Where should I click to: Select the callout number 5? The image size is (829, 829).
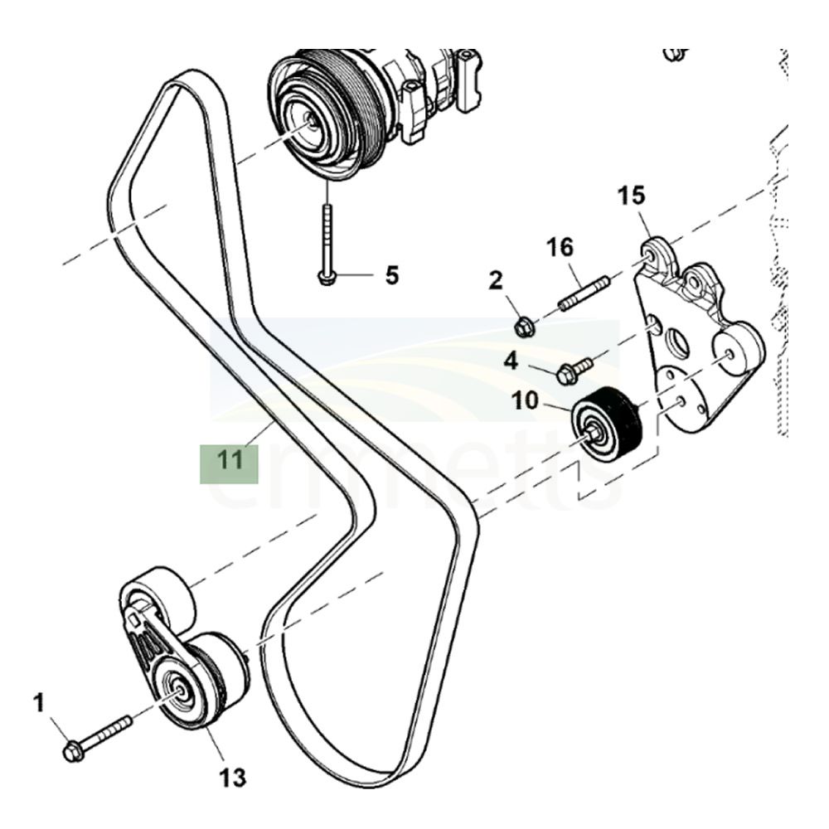pyautogui.click(x=391, y=274)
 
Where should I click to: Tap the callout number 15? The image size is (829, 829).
pyautogui.click(x=631, y=197)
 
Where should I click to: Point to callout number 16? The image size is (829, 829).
pyautogui.click(x=560, y=247)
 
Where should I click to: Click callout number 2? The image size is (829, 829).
pyautogui.click(x=496, y=281)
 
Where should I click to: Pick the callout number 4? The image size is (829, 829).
pyautogui.click(x=511, y=361)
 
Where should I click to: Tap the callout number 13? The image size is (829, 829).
pyautogui.click(x=233, y=777)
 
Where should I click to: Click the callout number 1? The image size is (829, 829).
pyautogui.click(x=38, y=704)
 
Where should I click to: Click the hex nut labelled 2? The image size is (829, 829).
pyautogui.click(x=523, y=327)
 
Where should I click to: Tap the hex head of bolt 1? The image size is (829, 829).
pyautogui.click(x=72, y=753)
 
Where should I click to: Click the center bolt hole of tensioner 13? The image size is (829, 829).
pyautogui.click(x=177, y=690)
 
